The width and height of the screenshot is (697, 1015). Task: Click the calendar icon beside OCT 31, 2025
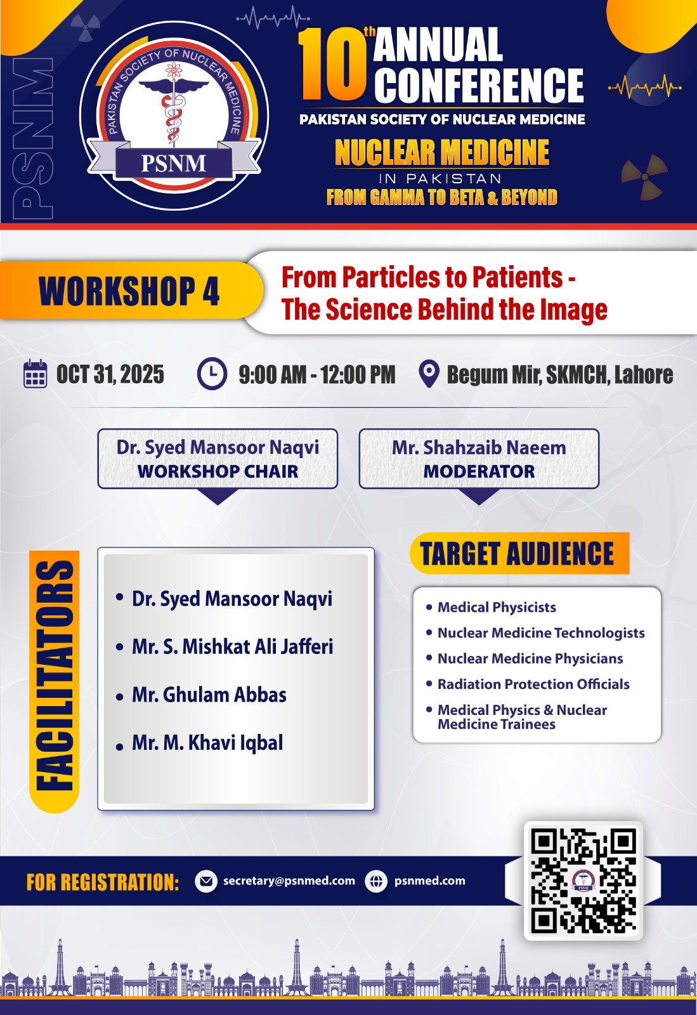coord(35,374)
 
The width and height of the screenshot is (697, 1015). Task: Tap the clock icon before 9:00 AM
coord(212,374)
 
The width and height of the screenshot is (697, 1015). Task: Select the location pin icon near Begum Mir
coord(429,374)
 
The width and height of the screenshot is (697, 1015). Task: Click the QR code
coord(583,880)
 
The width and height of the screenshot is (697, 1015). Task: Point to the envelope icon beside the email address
coord(206,881)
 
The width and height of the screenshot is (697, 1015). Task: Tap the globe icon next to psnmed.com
coord(376,881)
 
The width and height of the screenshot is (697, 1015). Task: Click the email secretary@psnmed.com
coord(289,881)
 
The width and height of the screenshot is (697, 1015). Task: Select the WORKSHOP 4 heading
coord(129,291)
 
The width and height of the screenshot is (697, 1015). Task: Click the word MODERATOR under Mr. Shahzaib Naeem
coord(479,471)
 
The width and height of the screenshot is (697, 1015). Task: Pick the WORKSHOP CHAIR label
coord(218,471)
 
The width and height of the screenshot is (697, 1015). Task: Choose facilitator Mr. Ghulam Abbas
coord(209,695)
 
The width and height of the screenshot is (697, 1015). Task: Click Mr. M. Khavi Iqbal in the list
coord(207,743)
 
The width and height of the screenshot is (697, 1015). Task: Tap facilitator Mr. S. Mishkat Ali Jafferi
coord(232,646)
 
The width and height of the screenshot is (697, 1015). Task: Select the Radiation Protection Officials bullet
coord(533,684)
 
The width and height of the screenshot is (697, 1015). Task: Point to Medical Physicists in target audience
coord(497,607)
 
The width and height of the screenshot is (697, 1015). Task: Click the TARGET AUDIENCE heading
coord(517,553)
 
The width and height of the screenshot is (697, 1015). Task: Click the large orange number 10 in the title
coord(332,64)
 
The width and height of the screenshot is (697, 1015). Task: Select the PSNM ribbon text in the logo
coord(174,163)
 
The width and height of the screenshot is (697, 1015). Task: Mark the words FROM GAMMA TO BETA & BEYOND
coord(442,197)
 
